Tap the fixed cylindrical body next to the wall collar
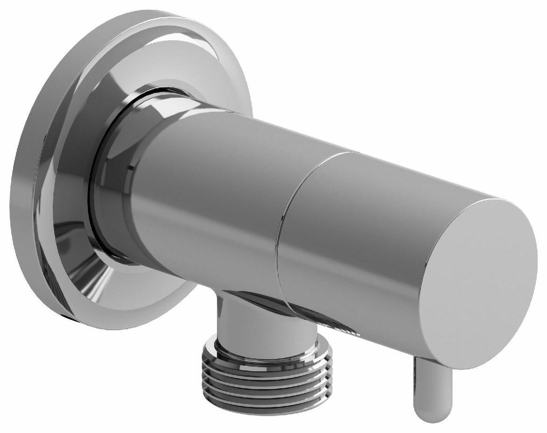pos(210,196)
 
